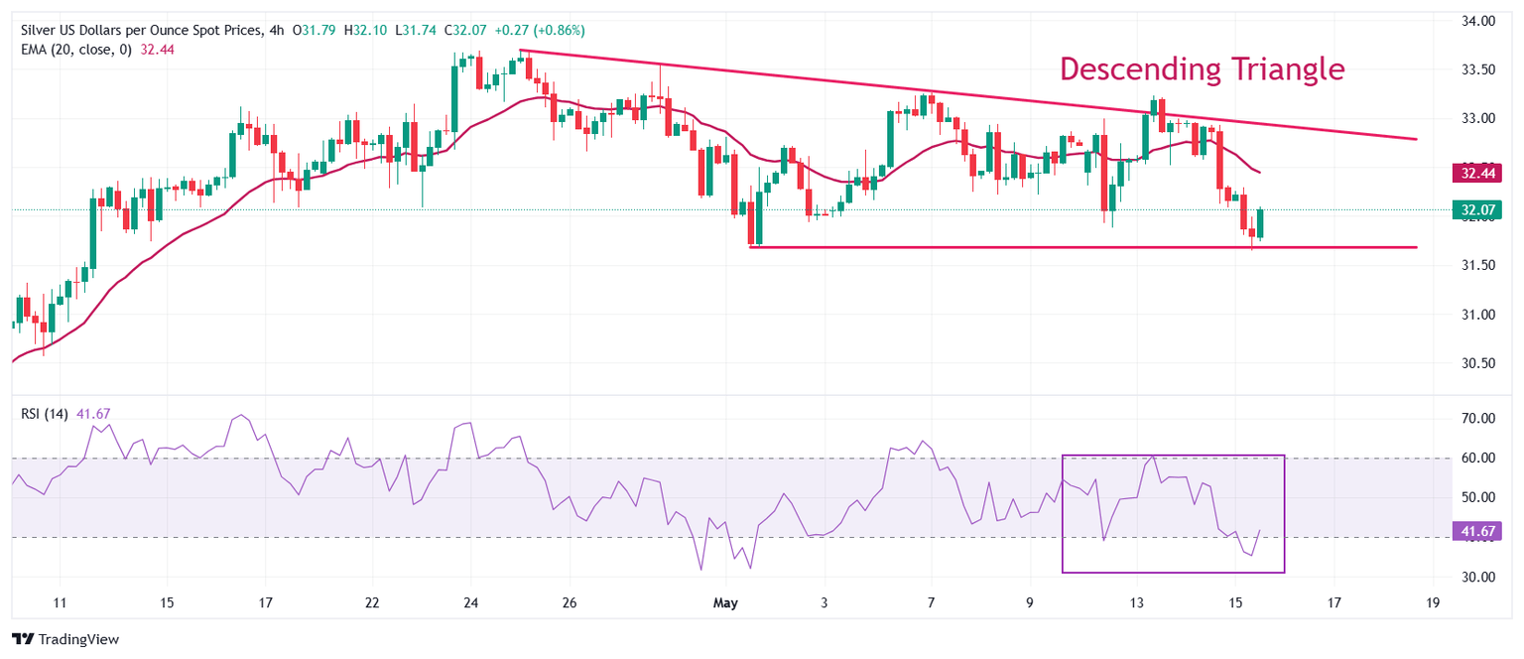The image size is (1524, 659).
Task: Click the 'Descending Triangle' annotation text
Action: coord(1203,69)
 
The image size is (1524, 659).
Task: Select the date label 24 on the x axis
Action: coord(471,602)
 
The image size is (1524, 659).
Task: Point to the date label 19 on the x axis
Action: coord(1433,602)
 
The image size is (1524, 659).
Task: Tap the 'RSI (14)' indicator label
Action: coord(45,414)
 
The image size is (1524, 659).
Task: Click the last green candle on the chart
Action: coord(1260,222)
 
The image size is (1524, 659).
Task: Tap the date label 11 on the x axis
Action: coord(60,602)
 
